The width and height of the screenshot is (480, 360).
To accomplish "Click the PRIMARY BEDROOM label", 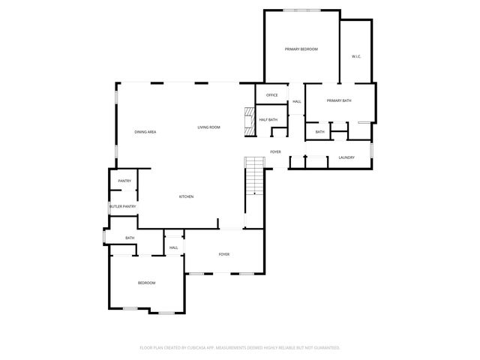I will (301, 49).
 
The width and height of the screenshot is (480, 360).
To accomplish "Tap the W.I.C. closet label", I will (357, 57).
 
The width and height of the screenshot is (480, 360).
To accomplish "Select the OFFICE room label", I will (272, 95).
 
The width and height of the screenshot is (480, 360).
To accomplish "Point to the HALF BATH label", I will (268, 119).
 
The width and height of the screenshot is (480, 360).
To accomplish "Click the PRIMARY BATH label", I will (339, 100).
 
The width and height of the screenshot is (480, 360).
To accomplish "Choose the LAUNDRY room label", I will (346, 157).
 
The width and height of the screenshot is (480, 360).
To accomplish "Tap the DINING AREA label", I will (145, 132).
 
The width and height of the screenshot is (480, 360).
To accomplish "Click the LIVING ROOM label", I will (209, 127).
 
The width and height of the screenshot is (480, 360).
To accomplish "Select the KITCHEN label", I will (186, 196).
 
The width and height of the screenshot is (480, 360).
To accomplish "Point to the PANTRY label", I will (124, 181).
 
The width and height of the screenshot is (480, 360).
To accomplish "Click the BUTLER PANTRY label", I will (122, 206).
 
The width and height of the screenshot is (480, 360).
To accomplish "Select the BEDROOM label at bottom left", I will (146, 283).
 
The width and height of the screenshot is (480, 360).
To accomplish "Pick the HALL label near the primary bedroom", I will (297, 101).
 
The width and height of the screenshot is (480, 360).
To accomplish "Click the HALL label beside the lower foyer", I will (174, 247).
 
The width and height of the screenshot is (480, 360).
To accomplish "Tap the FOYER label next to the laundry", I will (276, 152).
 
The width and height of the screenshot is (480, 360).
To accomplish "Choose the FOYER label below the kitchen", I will (224, 254).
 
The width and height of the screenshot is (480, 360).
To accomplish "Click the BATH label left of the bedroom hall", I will (130, 238).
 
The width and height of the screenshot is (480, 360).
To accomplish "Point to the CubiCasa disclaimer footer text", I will (240, 347).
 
